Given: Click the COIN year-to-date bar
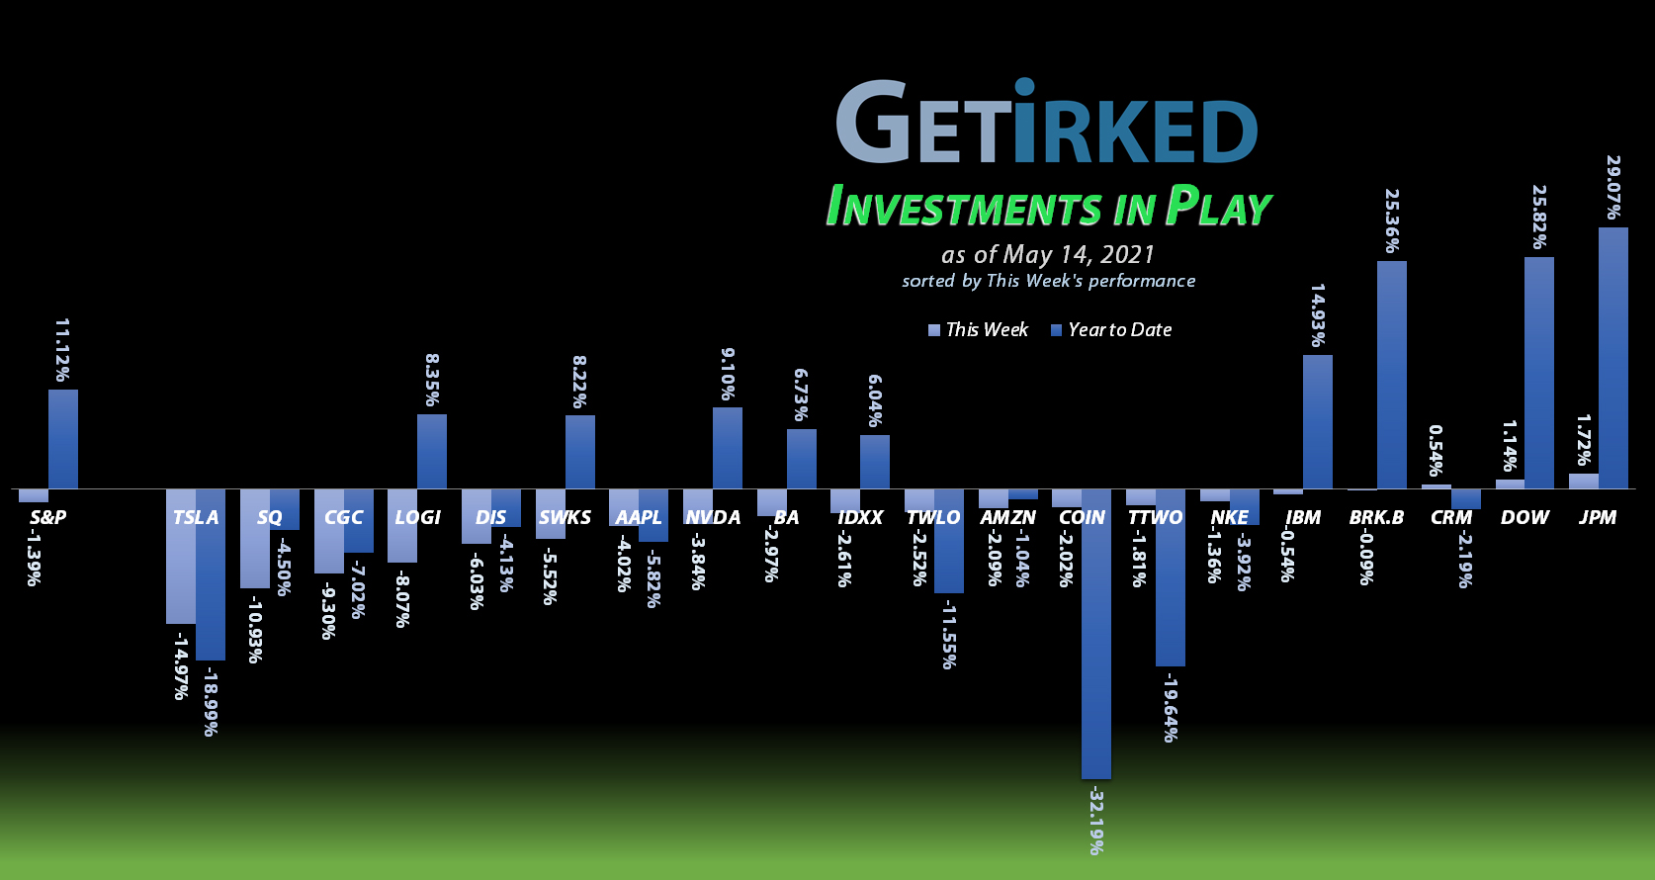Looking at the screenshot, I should pyautogui.click(x=1096, y=633).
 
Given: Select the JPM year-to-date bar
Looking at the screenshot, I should pyautogui.click(x=1612, y=358).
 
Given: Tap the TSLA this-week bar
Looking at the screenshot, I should pyautogui.click(x=181, y=556).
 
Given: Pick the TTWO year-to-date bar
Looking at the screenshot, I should pyautogui.click(x=1171, y=577).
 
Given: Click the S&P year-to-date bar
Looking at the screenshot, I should pyautogui.click(x=63, y=439).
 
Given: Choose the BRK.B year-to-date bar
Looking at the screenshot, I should pyautogui.click(x=1392, y=375).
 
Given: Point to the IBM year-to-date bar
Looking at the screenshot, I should pyautogui.click(x=1318, y=421).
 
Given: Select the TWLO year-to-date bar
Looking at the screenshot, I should pyautogui.click(x=949, y=541).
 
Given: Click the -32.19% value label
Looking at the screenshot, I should pyautogui.click(x=1096, y=821).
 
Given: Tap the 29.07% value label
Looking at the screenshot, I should pyautogui.click(x=1612, y=187).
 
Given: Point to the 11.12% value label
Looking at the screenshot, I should pyautogui.click(x=62, y=350).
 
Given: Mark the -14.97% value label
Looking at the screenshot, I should pyautogui.click(x=181, y=667).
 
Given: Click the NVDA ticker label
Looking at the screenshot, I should pyautogui.click(x=713, y=517).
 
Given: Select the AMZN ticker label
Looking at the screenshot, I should pyautogui.click(x=1007, y=517).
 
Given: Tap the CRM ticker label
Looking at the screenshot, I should pyautogui.click(x=1450, y=517).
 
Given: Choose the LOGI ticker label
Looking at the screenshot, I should pyautogui.click(x=417, y=517).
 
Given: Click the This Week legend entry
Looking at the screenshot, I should pyautogui.click(x=978, y=330).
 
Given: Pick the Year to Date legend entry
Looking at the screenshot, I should pyautogui.click(x=1111, y=330).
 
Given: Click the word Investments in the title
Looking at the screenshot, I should pyautogui.click(x=963, y=209).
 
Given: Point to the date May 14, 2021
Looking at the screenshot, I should pyautogui.click(x=1079, y=255).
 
